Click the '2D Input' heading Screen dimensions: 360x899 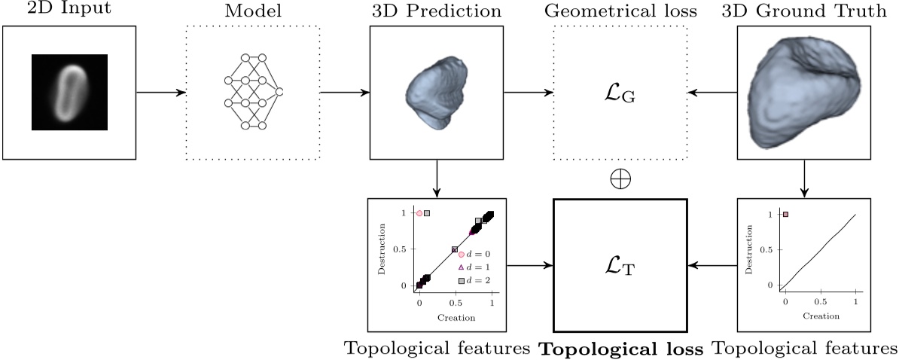click(x=69, y=11)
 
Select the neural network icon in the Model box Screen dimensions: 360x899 click(x=253, y=92)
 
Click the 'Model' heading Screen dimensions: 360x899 click(x=253, y=11)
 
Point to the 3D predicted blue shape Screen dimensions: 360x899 click(x=436, y=93)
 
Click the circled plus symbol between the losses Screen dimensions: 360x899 click(x=620, y=178)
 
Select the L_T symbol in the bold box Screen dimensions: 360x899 click(x=620, y=265)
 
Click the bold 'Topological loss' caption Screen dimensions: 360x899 click(x=620, y=349)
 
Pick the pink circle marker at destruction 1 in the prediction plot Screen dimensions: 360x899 click(x=419, y=213)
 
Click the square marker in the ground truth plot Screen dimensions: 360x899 click(x=785, y=214)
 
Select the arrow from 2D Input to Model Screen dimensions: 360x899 click(x=161, y=93)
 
